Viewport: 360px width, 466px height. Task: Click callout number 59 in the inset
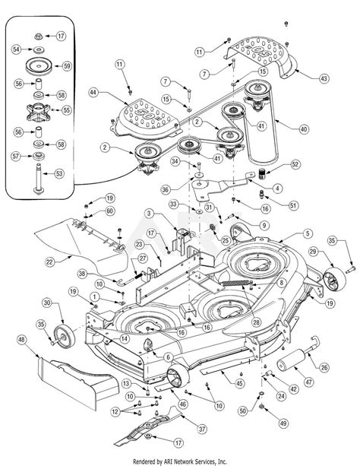(x=68, y=65)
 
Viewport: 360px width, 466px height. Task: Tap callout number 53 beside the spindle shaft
(x=59, y=173)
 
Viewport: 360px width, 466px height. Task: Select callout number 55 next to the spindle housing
(x=67, y=110)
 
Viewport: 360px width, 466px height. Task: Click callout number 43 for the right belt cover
(x=324, y=78)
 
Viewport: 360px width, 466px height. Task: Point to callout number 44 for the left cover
(x=93, y=93)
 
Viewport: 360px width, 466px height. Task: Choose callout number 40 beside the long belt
(x=304, y=129)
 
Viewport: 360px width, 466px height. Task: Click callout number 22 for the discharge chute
(x=50, y=262)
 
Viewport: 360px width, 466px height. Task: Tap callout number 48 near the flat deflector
(x=22, y=340)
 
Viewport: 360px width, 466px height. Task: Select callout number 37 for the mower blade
(x=202, y=429)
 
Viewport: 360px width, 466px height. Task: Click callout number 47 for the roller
(x=309, y=382)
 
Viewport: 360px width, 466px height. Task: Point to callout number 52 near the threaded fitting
(x=295, y=164)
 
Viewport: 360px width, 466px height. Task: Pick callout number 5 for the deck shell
(x=308, y=233)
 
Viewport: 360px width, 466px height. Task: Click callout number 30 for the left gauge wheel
(x=47, y=303)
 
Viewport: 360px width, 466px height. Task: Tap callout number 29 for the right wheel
(x=313, y=252)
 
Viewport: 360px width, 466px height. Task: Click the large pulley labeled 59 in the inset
(x=39, y=67)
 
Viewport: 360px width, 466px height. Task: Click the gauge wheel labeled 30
(x=65, y=336)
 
